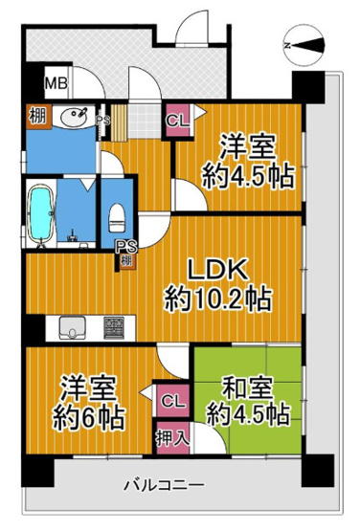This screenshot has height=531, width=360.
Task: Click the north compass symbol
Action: pyautogui.click(x=303, y=45)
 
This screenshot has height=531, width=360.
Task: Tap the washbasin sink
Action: pyautogui.click(x=70, y=119)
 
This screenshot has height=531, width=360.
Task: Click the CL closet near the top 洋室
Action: pyautogui.click(x=178, y=121)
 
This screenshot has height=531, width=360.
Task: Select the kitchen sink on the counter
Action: pyautogui.click(x=72, y=331)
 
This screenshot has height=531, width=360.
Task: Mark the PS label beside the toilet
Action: pyautogui.click(x=125, y=247)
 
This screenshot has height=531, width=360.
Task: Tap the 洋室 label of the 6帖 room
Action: pyautogui.click(x=78, y=388)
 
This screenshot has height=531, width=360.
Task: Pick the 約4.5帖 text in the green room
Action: pyautogui.click(x=246, y=415)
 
